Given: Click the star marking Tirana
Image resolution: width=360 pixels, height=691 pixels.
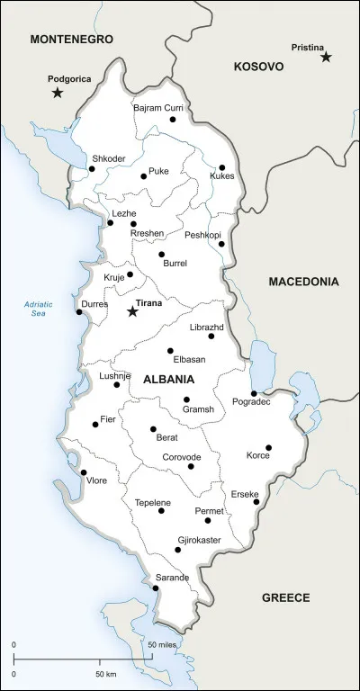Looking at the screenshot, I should click(x=133, y=311).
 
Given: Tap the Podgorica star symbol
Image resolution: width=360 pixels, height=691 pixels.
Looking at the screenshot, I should click(x=58, y=93).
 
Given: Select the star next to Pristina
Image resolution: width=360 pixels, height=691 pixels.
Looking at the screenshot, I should click(x=326, y=57).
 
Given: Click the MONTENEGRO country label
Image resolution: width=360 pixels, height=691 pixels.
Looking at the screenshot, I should click(x=71, y=39).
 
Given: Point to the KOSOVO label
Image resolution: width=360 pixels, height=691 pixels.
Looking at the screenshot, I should click(x=258, y=67).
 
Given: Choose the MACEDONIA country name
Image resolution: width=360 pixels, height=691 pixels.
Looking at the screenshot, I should click(x=303, y=282).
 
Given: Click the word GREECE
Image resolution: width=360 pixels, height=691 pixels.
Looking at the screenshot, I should click(x=285, y=597).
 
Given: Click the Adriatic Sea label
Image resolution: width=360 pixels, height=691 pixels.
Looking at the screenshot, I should click(x=39, y=309).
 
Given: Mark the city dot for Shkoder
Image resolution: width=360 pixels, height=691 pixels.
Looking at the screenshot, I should click(x=91, y=168).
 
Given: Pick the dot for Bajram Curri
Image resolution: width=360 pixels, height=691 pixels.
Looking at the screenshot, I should click(x=173, y=119).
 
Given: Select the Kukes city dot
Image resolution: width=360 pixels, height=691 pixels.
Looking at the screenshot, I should click(x=221, y=167).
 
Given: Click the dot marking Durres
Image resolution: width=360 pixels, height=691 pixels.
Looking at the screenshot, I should click(x=79, y=312).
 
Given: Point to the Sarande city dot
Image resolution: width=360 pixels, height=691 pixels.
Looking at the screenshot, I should click(x=156, y=588).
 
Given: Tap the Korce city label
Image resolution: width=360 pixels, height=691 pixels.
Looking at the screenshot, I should click(x=258, y=455).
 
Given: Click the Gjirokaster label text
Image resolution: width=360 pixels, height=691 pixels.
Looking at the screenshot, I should click(x=200, y=542).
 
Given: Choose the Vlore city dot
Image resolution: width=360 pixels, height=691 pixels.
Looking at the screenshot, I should click(x=83, y=472).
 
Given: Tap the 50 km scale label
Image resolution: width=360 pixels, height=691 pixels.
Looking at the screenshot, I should click(x=105, y=674).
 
